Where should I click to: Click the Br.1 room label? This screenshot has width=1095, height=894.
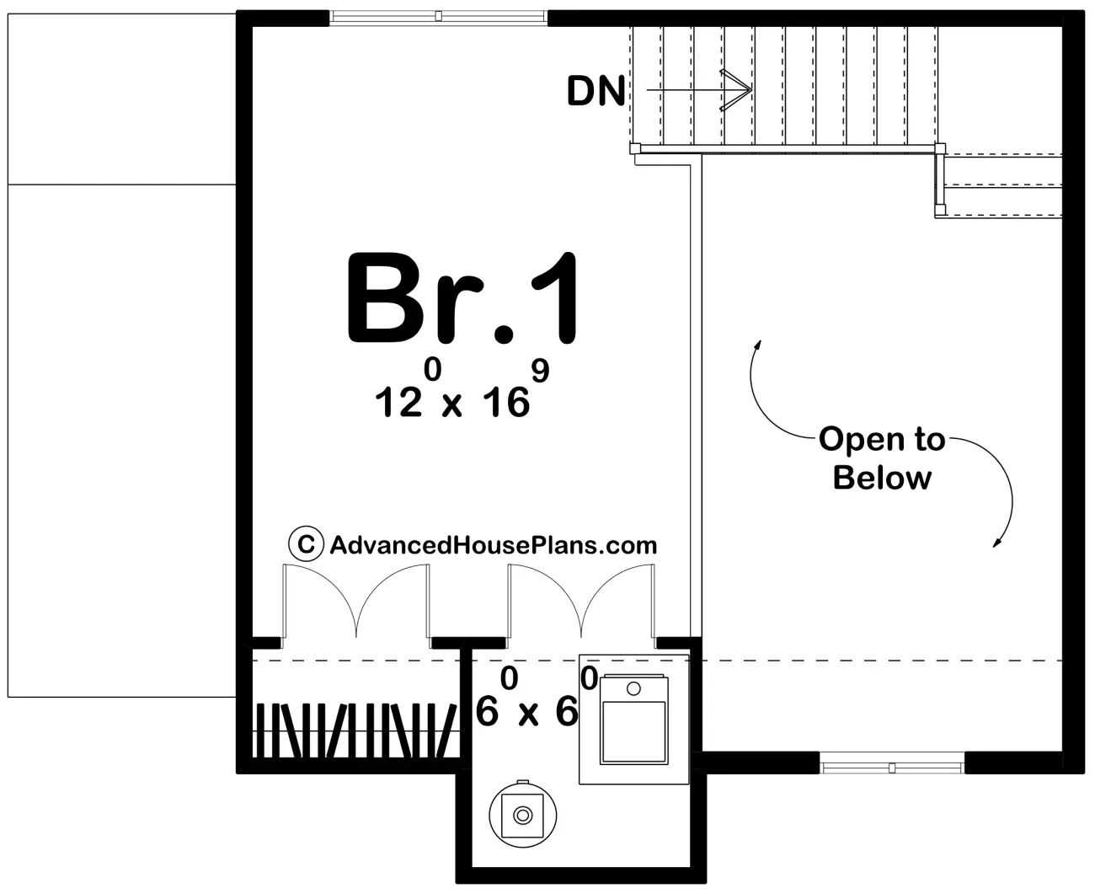(462, 297)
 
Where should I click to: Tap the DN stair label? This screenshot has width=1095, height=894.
(596, 92)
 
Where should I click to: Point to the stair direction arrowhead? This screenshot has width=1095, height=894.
(736, 90)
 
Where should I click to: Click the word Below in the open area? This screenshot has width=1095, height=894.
(882, 478)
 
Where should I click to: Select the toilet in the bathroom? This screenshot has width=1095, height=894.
(522, 814)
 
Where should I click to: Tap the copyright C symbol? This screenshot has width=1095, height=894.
(307, 543)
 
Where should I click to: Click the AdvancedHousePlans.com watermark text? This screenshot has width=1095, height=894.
(494, 545)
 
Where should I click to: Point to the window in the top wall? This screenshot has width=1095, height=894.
(438, 17)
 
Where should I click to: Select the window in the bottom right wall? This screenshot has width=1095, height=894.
(891, 768)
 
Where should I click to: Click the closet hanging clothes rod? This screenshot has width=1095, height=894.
(356, 731)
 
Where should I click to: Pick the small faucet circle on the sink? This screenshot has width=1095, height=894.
(633, 688)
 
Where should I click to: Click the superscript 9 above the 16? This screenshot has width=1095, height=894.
(540, 371)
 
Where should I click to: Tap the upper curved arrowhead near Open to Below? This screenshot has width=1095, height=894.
(758, 345)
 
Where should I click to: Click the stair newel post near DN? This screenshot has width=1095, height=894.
(635, 148)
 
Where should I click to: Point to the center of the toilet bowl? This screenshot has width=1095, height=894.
(522, 815)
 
